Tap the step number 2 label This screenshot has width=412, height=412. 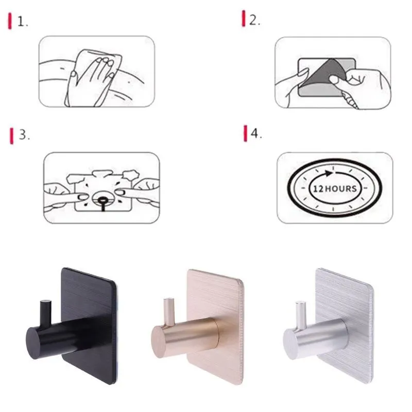point(254,21)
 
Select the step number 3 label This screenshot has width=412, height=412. point(24,135)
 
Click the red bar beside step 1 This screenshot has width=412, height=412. point(10,22)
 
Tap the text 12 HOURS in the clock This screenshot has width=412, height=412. point(334,188)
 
